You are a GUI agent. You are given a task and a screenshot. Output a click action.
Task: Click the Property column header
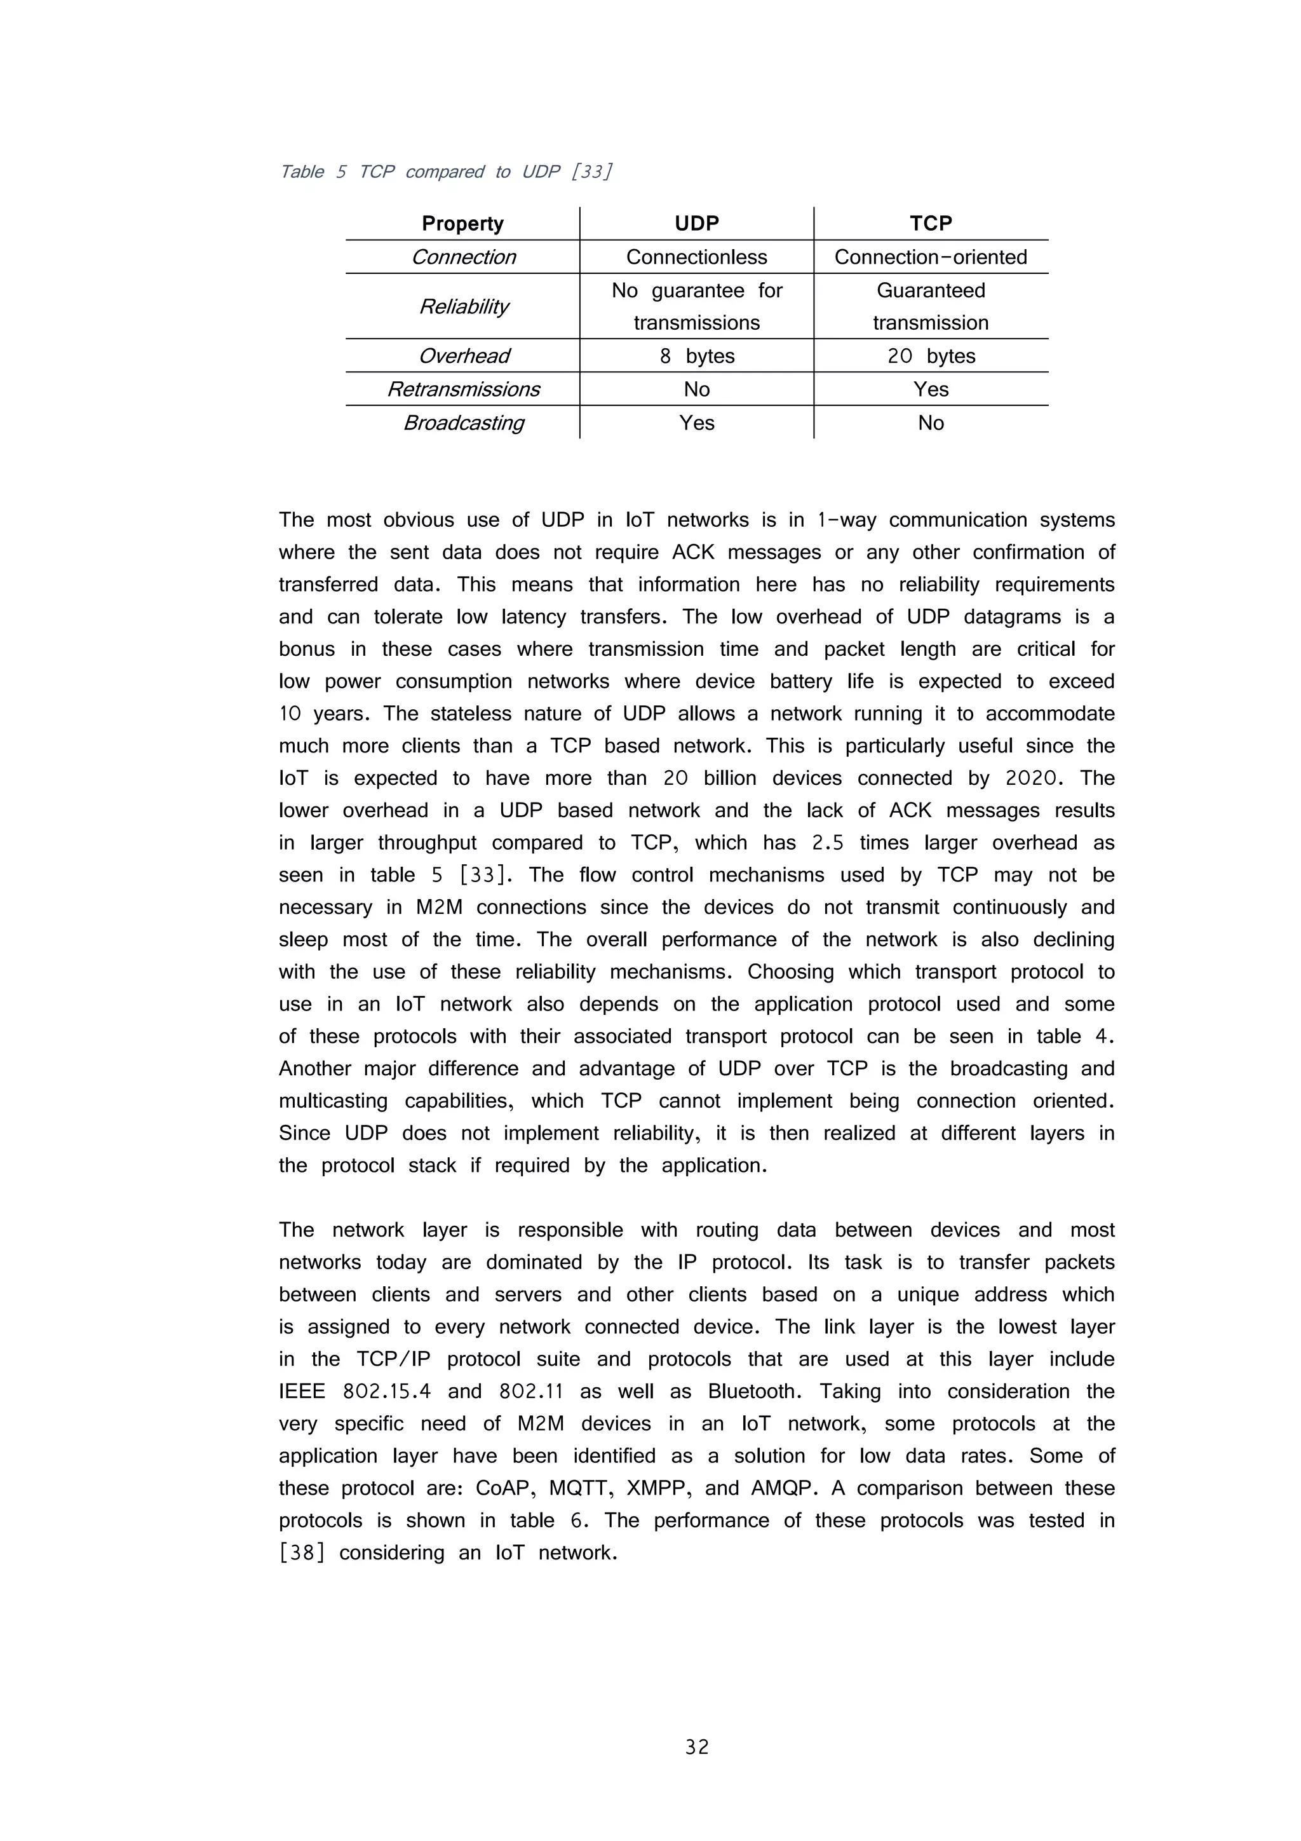coord(462,224)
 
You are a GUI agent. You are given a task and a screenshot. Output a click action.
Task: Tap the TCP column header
coord(930,224)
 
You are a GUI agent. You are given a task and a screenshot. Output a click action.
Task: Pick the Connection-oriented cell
coord(930,257)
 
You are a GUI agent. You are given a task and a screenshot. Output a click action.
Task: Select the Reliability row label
coord(463,306)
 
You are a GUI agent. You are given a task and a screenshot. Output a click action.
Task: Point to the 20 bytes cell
coord(930,356)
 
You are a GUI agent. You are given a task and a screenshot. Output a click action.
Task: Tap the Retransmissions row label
coord(463,390)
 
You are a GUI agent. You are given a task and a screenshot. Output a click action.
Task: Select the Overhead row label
coord(463,356)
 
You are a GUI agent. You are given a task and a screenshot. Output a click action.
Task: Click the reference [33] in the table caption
coord(591,172)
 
